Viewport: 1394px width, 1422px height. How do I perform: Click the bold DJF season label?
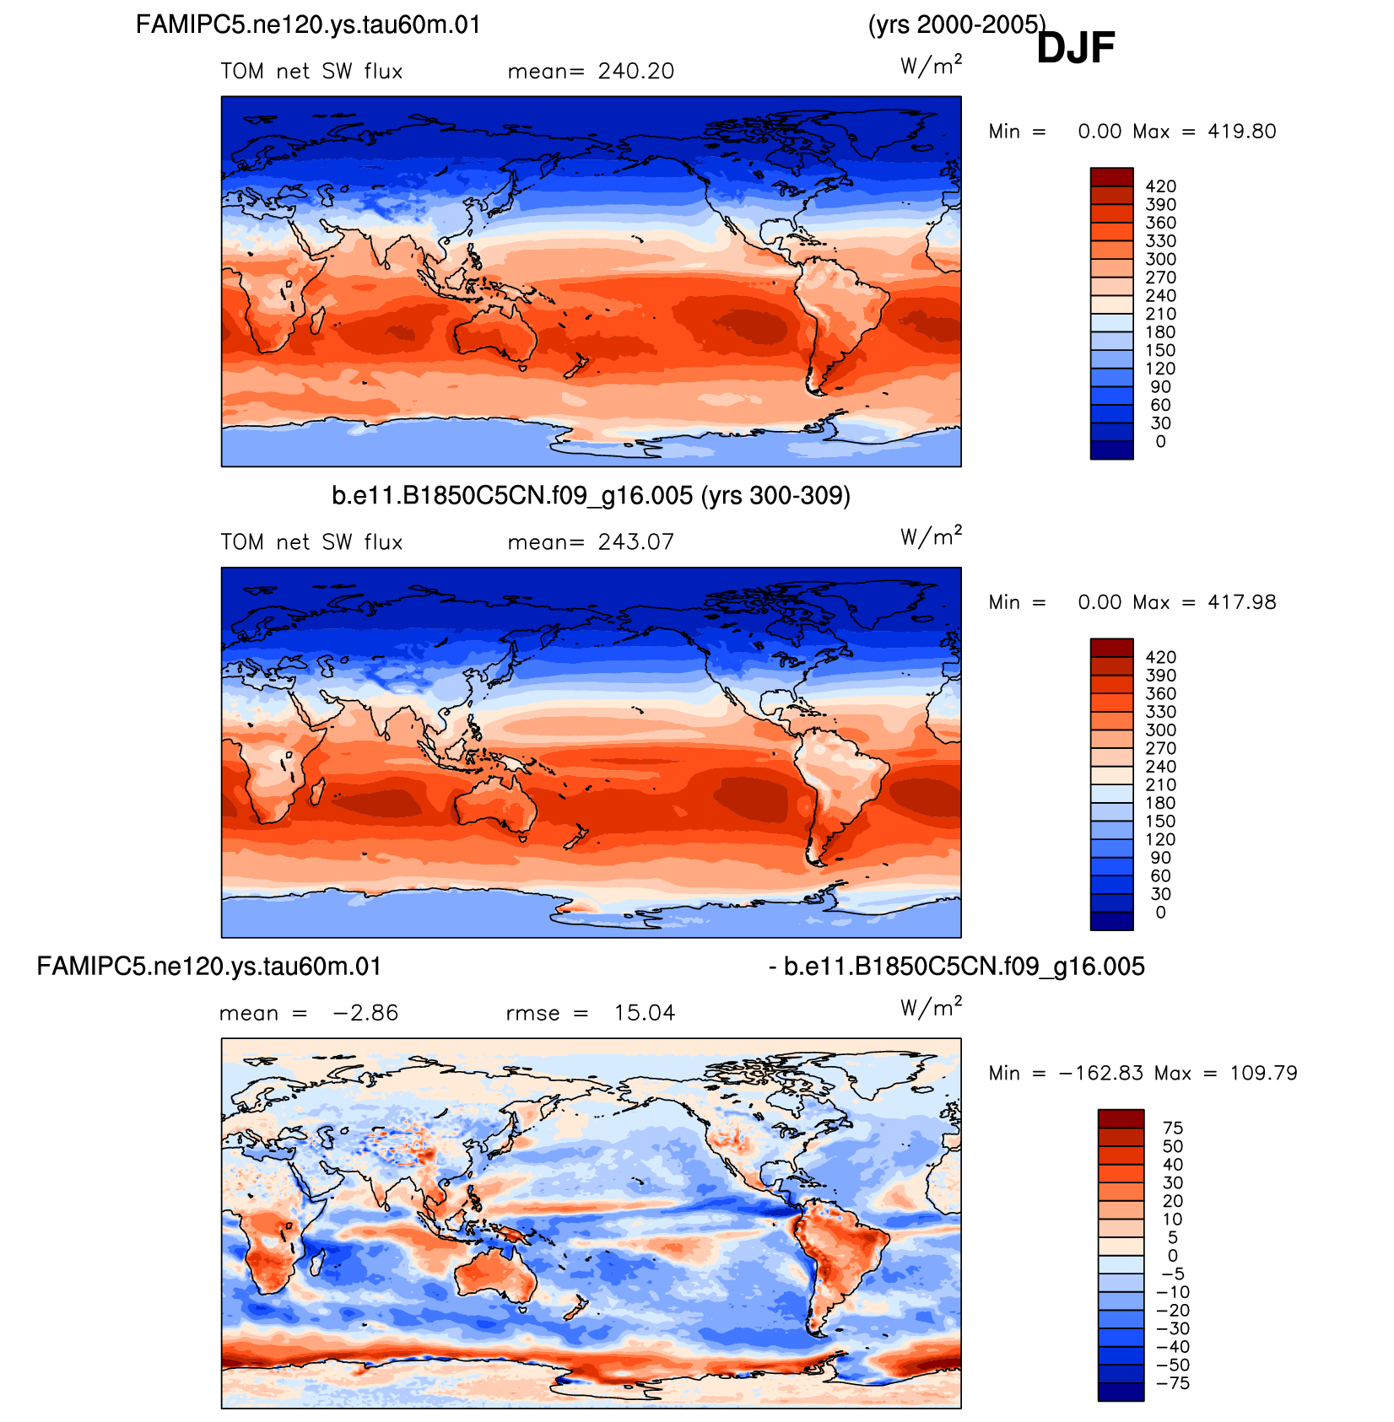[1076, 47]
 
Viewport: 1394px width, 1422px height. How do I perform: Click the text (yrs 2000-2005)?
[957, 24]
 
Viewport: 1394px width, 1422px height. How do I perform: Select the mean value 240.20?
[636, 71]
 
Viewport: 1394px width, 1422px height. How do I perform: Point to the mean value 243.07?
[636, 541]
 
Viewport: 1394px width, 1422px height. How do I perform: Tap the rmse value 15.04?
[645, 1012]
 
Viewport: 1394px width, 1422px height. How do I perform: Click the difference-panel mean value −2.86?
[365, 1012]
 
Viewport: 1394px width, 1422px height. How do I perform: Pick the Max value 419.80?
[1242, 131]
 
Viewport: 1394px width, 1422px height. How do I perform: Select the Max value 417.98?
[1242, 601]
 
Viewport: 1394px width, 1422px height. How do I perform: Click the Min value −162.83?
[1101, 1073]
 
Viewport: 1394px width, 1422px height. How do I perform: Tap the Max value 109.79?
[1263, 1073]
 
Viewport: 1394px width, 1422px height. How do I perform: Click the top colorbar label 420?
[1160, 186]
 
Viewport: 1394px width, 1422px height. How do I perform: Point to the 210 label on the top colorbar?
[1160, 314]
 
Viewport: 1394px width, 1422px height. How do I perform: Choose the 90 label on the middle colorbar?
[1160, 858]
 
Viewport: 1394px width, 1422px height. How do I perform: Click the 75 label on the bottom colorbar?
[1173, 1128]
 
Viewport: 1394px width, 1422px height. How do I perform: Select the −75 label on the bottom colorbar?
[1173, 1383]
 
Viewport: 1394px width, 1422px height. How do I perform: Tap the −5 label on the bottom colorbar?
[1173, 1274]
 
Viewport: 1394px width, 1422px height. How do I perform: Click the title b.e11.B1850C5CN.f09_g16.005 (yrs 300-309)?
[591, 496]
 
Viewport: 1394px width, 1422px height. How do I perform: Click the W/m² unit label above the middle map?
[931, 536]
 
